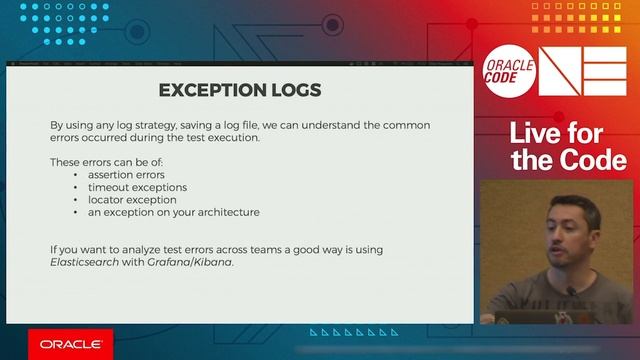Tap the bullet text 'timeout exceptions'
(137, 187)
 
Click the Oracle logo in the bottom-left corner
(70, 344)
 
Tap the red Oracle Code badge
(509, 72)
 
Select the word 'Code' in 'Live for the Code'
(594, 160)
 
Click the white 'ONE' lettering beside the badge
(583, 71)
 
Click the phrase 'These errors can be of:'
(106, 161)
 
